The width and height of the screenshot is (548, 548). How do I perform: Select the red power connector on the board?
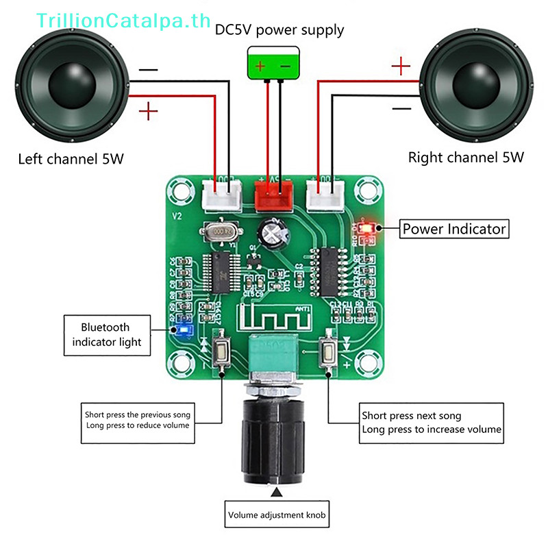pyautogui.click(x=273, y=195)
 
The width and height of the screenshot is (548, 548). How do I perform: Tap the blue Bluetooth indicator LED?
pyautogui.click(x=183, y=330)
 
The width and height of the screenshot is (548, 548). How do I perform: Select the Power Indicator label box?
pyautogui.click(x=454, y=229)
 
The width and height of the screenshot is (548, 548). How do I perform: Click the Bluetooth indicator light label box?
pyautogui.click(x=106, y=335)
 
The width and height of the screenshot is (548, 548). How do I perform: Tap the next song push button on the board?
pyautogui.click(x=328, y=352)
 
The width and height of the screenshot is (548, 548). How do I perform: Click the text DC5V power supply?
pyautogui.click(x=279, y=30)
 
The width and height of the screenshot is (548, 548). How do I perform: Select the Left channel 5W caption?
pyautogui.click(x=71, y=160)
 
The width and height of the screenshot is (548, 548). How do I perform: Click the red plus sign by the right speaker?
pyautogui.click(x=401, y=66)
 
